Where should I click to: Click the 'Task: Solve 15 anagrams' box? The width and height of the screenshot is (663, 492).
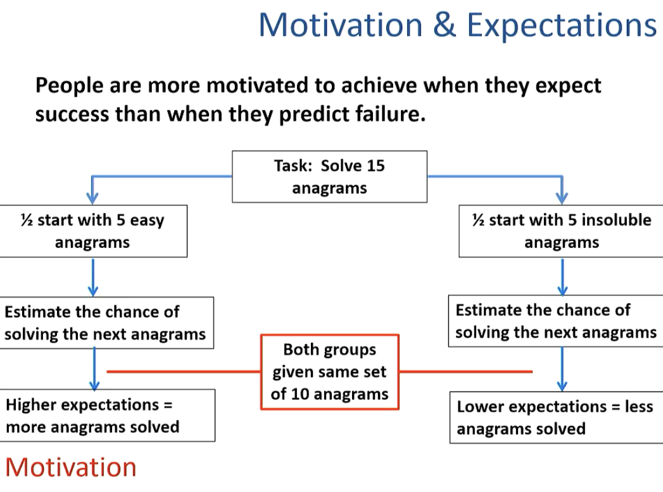329,176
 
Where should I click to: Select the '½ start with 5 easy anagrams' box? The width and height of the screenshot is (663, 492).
93,231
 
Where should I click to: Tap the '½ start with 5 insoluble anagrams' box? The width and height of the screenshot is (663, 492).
561,231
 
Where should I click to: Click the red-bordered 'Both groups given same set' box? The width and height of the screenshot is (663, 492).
329,371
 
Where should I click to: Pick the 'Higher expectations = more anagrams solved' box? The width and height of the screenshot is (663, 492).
107,415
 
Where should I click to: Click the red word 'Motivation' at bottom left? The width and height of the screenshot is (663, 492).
70,467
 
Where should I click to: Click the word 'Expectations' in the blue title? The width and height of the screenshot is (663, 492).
561,26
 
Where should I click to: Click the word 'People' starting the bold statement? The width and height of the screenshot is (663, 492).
67,85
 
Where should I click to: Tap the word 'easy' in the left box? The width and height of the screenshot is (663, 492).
147,220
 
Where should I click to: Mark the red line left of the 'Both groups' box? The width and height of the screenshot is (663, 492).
184,372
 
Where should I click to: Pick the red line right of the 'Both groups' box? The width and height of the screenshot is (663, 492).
465,372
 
